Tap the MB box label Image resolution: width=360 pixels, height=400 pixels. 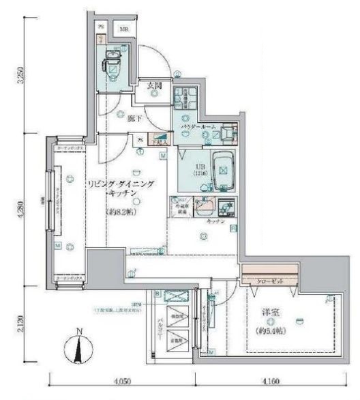[x=125, y=29]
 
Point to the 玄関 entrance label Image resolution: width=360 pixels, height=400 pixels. [x=154, y=85]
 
